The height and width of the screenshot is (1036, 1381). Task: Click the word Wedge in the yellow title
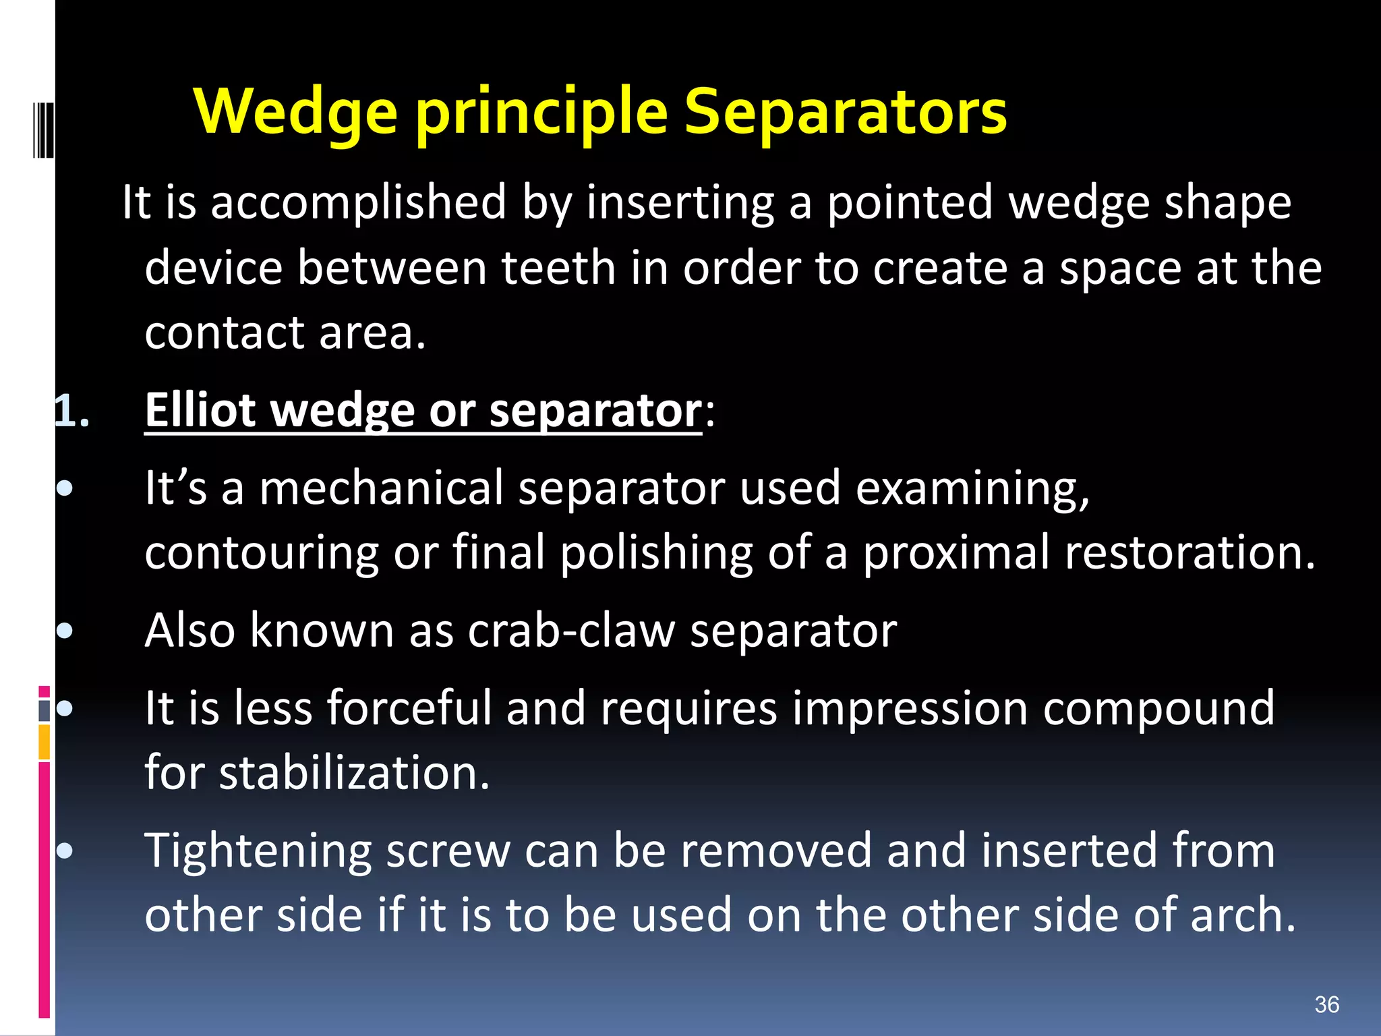295,113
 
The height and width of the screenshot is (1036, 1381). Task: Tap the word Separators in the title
845,113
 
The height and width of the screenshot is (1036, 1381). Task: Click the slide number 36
1326,1004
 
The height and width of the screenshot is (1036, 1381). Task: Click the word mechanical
381,488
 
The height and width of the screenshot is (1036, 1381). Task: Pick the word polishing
656,553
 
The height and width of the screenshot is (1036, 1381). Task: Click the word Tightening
258,851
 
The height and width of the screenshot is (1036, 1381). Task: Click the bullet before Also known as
65,631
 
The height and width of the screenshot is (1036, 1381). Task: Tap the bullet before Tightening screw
65,851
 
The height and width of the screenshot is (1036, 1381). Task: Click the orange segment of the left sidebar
44,742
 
